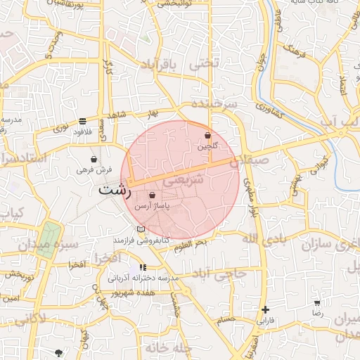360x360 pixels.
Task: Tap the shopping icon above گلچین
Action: tap(207, 135)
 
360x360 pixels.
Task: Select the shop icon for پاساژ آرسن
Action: tap(153, 195)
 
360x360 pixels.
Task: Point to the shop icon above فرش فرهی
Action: tap(94, 160)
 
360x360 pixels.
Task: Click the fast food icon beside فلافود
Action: tap(83, 120)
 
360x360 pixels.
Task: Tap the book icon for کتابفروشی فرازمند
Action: tap(141, 229)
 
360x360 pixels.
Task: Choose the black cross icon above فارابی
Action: tap(265, 309)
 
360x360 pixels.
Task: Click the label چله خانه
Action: tap(169, 348)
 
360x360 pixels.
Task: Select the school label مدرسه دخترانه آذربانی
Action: tap(144, 278)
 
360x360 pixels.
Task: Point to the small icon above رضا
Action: tap(318, 303)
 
